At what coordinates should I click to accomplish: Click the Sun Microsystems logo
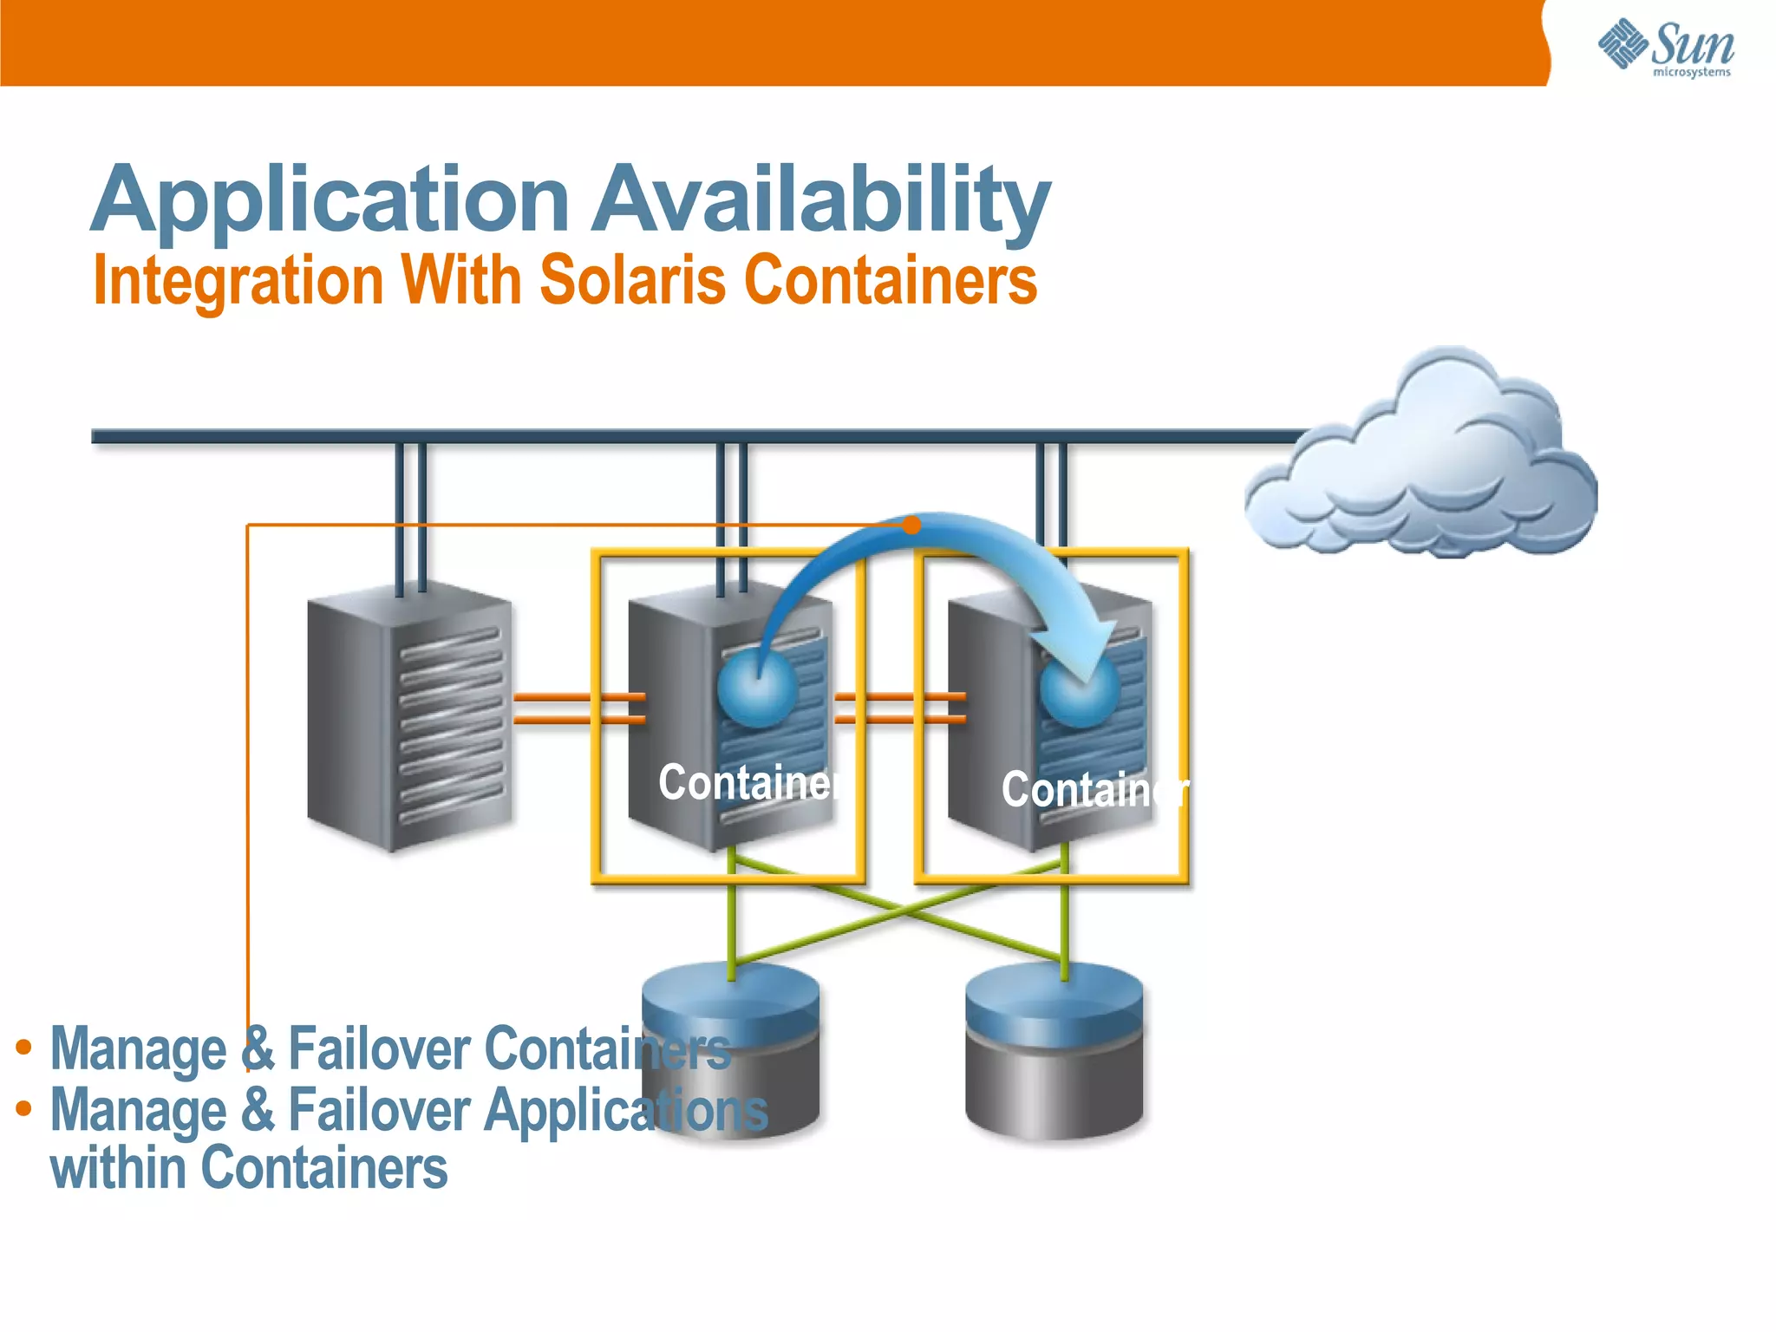(x=1665, y=47)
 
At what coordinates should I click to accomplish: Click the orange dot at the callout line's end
(x=911, y=525)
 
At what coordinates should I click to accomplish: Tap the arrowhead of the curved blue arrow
(x=1088, y=655)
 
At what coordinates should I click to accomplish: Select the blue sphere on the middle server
(x=757, y=688)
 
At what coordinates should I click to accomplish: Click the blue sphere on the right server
(x=1079, y=691)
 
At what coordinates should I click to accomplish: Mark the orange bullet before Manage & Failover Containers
(x=24, y=1048)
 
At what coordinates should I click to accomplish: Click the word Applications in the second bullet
(x=625, y=1110)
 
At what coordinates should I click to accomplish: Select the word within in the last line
(x=117, y=1168)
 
